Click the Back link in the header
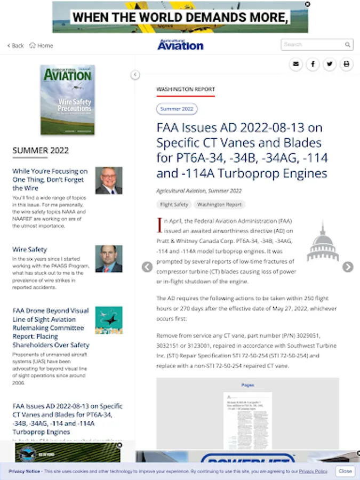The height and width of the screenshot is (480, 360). pyautogui.click(x=15, y=46)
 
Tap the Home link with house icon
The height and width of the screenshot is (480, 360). pyautogui.click(x=41, y=46)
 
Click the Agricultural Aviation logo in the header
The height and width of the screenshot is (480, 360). pyautogui.click(x=180, y=45)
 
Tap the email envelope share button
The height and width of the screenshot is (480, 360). pyautogui.click(x=296, y=65)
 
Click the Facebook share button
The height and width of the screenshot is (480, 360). pyautogui.click(x=313, y=65)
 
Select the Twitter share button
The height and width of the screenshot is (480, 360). pyautogui.click(x=330, y=65)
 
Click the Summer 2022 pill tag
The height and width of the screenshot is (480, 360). pyautogui.click(x=177, y=109)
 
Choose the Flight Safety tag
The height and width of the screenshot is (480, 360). pyautogui.click(x=174, y=204)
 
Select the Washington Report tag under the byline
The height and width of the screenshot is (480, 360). pyautogui.click(x=219, y=204)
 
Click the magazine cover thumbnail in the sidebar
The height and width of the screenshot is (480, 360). pyautogui.click(x=68, y=100)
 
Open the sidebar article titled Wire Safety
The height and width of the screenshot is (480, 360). pyautogui.click(x=30, y=250)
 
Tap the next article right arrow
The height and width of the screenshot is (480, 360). pyautogui.click(x=348, y=267)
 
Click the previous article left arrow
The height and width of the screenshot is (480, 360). pyautogui.click(x=147, y=267)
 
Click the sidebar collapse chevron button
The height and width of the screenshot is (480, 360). pyautogui.click(x=135, y=75)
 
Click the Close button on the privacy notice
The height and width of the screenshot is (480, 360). pyautogui.click(x=345, y=471)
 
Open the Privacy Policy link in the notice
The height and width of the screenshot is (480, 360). pyautogui.click(x=313, y=471)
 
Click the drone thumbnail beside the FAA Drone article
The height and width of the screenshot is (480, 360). pyautogui.click(x=109, y=320)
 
